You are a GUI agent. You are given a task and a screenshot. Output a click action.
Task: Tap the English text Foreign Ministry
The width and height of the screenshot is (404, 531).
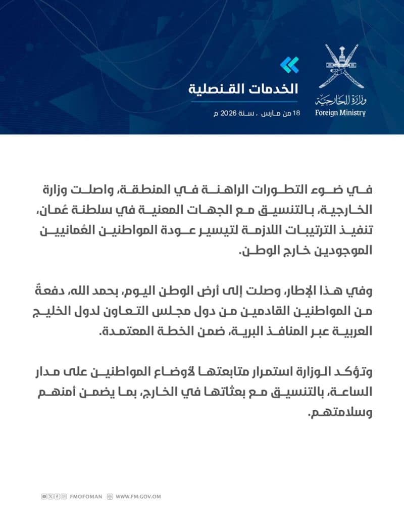340,113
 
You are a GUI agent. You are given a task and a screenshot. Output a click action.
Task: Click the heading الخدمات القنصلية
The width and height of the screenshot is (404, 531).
243,89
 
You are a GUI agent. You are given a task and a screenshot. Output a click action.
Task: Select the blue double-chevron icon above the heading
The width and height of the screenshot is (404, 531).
289,65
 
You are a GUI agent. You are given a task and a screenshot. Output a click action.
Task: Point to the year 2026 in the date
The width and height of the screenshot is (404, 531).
227,113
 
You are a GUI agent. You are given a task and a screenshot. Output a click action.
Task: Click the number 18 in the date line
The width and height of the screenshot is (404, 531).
296,113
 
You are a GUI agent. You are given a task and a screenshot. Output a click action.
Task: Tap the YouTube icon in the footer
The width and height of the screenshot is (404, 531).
44,497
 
